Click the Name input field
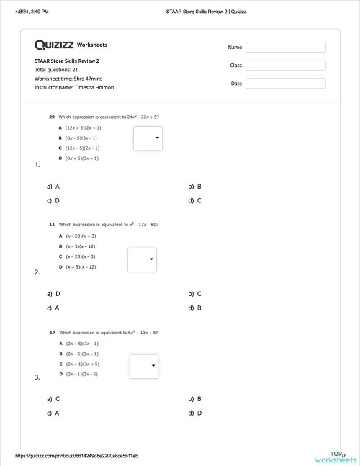point(285,47)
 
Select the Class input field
point(285,65)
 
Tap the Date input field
point(285,84)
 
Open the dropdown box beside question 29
point(148,138)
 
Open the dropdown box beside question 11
point(142,259)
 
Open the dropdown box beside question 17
point(143,366)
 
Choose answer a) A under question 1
point(53,186)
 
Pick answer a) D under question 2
point(53,294)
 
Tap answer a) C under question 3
point(53,398)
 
